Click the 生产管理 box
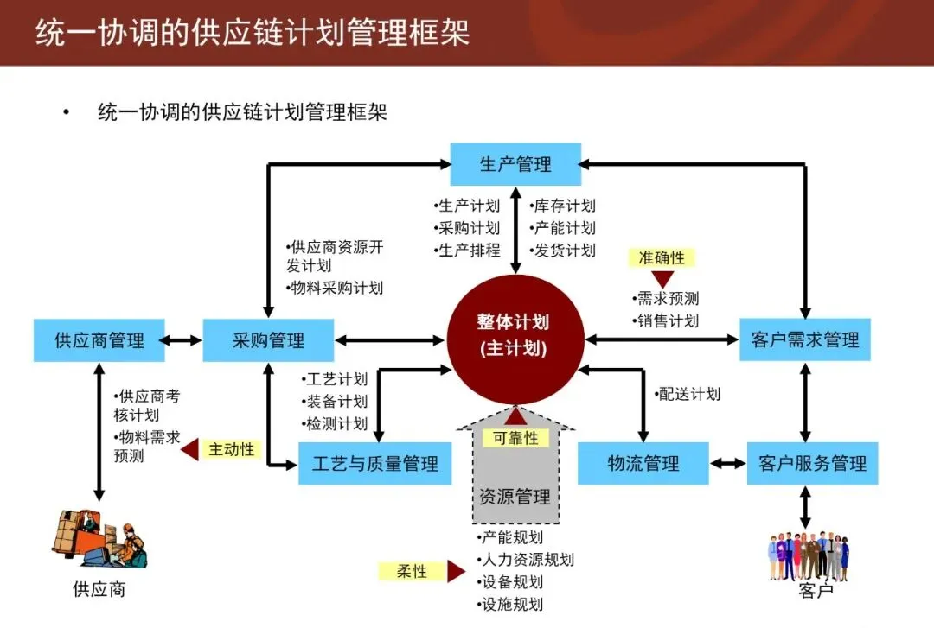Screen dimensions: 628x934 coord(515,164)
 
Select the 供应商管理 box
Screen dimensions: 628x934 coord(99,340)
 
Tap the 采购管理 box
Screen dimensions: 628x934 coord(268,340)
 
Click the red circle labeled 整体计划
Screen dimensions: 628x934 coord(513,335)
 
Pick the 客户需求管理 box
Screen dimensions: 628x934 coord(805,340)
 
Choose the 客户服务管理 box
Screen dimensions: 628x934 coord(812,464)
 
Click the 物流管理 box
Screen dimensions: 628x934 coord(643,464)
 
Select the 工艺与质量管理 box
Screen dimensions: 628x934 coord(375,464)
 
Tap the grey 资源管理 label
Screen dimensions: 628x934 coord(515,497)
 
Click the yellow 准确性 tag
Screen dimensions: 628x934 coord(662,257)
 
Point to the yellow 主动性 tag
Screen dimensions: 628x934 coord(231,449)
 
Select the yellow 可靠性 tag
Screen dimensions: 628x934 coord(515,438)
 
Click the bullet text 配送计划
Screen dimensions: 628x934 coord(688,394)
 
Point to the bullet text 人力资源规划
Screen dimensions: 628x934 coord(525,559)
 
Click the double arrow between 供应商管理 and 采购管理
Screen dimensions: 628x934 coord(183,340)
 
